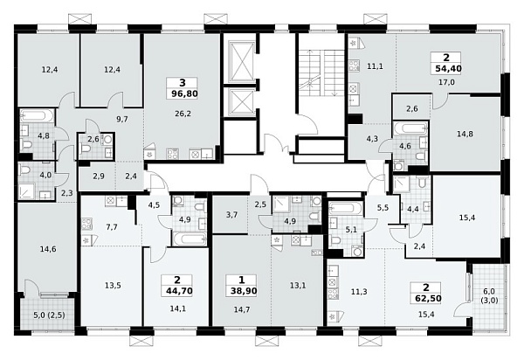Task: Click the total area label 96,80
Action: click(184, 93)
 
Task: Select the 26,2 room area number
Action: click(183, 114)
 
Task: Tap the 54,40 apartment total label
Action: click(449, 69)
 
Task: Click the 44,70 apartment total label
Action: click(179, 291)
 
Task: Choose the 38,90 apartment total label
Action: click(244, 291)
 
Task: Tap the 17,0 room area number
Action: click(446, 82)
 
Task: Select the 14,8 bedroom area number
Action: click(465, 134)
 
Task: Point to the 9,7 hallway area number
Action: click(122, 119)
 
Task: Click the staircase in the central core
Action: click(321, 70)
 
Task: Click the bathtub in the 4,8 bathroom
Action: click(37, 116)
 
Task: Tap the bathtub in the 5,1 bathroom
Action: click(346, 208)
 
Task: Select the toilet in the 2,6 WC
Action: click(86, 148)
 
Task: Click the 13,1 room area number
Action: click(298, 285)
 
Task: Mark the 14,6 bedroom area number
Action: click(48, 249)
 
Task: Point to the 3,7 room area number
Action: click(231, 215)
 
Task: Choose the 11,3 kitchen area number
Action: click(359, 292)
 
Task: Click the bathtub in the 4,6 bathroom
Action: click(410, 128)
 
